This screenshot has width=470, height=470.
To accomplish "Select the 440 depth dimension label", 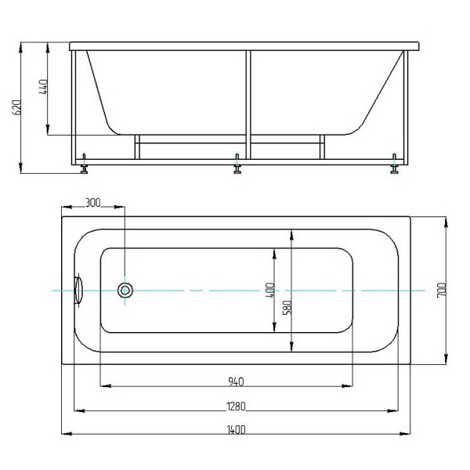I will pos(43,89).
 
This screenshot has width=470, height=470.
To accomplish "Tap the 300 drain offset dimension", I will pos(92,203).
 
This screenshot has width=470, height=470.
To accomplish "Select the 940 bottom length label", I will pos(236,381).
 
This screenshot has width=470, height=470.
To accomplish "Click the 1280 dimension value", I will pos(236,406).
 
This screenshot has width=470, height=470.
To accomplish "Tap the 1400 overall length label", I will pos(236,429).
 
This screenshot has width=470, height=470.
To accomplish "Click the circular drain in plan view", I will pos(125,291).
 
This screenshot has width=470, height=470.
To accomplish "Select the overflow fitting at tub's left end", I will pos(78,290).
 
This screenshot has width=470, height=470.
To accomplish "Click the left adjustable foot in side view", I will pos(83,165).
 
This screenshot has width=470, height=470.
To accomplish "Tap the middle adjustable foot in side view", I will pos(237,165).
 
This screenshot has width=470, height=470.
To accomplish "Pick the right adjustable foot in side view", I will pos(396,165).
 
